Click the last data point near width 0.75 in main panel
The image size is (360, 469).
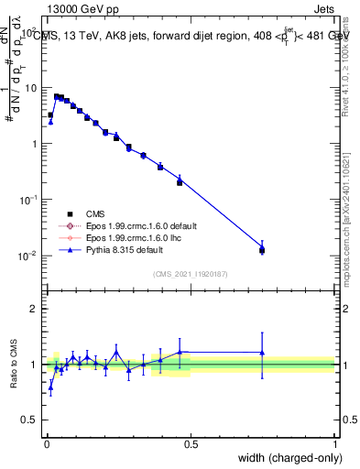pyautogui.click(x=262, y=249)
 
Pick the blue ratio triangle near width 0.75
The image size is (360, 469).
pyautogui.click(x=262, y=353)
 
